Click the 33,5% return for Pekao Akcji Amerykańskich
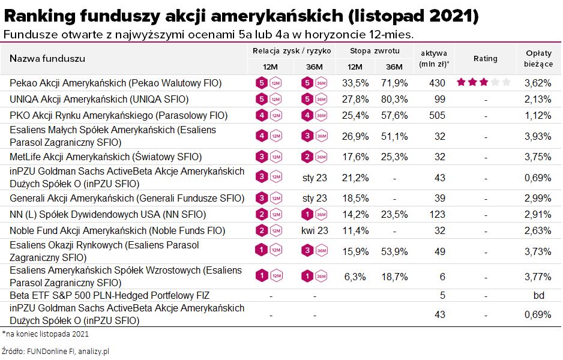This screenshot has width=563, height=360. pos(355,83)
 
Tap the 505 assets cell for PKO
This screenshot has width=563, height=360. pos(437,115)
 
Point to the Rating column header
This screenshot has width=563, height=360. pos(485,58)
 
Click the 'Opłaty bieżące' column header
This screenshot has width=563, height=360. pos(535,58)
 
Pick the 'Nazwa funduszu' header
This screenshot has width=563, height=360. pos(47,58)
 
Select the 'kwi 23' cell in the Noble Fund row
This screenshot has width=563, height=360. pos(315,231)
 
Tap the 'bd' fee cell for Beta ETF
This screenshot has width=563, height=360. pos(538,296)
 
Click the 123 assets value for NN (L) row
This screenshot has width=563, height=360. pos(437,215)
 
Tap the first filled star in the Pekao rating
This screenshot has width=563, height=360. pos(461,82)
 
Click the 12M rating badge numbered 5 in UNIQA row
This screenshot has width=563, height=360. pos(261,99)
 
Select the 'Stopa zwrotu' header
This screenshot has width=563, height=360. pos(375,51)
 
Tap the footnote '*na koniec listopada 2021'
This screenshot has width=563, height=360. pos(45,334)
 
